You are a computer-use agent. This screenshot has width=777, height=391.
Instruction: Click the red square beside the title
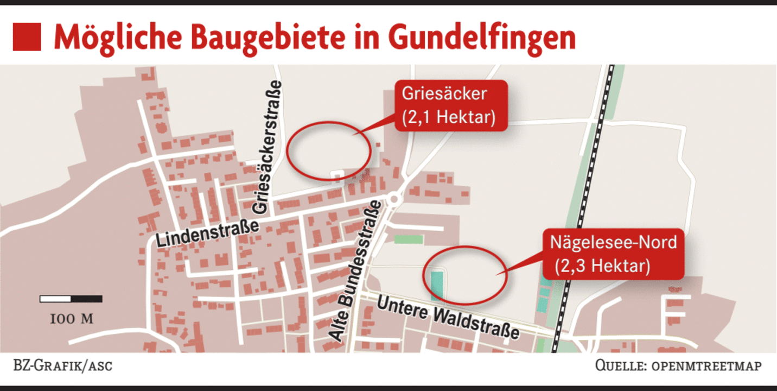[x=26, y=37]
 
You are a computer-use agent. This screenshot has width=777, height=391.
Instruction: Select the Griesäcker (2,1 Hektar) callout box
[x=450, y=105]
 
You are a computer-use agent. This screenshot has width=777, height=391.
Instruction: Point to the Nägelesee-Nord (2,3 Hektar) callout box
[x=613, y=254]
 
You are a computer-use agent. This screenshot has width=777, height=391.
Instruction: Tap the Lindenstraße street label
[x=207, y=232]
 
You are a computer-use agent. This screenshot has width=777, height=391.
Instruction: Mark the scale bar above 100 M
[x=71, y=299]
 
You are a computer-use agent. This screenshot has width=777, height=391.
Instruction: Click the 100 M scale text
[x=71, y=319]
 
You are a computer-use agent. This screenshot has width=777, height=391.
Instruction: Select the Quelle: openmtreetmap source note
[x=678, y=365]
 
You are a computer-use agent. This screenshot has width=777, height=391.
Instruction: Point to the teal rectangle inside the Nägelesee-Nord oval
[x=436, y=285]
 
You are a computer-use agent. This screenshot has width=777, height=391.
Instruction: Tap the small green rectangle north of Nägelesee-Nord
[x=409, y=239]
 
